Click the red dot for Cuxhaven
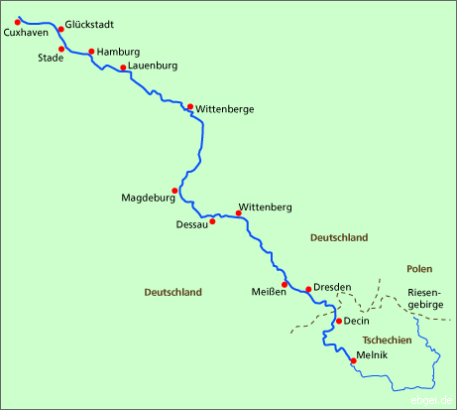click(18, 22)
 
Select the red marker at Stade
click(61, 49)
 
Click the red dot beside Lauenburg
click(123, 68)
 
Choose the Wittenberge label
click(224, 107)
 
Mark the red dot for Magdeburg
click(174, 191)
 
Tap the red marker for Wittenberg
click(239, 212)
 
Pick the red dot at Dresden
click(308, 289)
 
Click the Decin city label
click(358, 322)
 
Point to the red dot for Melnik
click(353, 360)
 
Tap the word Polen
click(419, 269)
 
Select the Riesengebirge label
click(425, 299)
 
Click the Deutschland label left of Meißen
click(172, 293)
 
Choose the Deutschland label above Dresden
click(339, 238)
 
